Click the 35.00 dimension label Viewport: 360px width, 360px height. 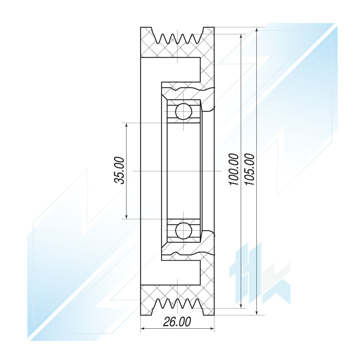pyautogui.click(x=120, y=170)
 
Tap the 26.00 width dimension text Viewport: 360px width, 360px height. pyautogui.click(x=177, y=322)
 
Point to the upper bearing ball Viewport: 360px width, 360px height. pyautogui.click(x=184, y=111)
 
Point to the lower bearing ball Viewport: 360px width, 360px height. pyautogui.click(x=184, y=230)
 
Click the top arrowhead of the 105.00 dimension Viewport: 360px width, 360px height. pyautogui.click(x=257, y=30)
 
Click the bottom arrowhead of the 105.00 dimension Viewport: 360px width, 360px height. pyautogui.click(x=257, y=312)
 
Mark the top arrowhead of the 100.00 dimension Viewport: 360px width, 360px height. pyautogui.click(x=240, y=37)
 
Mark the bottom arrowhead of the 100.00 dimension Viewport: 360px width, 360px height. pyautogui.click(x=240, y=305)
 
